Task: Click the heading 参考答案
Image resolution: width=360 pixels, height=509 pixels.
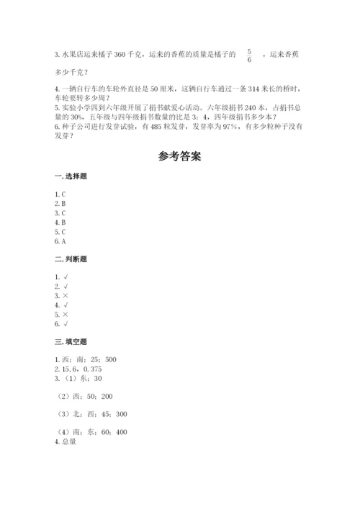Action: click(179, 156)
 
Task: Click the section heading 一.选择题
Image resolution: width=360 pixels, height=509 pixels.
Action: click(69, 176)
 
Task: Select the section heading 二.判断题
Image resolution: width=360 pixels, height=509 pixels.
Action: click(69, 258)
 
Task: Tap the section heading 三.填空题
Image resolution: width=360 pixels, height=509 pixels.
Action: click(69, 341)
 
